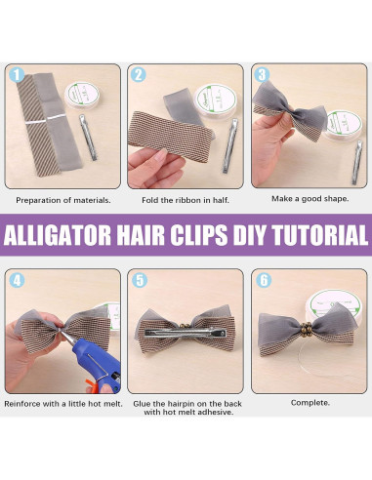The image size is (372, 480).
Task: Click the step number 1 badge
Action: (x=15, y=75)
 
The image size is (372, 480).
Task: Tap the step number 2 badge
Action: (x=139, y=75)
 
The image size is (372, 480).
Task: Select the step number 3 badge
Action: (x=262, y=75)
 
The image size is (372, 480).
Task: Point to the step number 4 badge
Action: (x=15, y=279)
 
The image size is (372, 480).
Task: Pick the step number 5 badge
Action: (x=139, y=279)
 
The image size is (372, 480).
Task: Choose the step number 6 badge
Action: (x=262, y=279)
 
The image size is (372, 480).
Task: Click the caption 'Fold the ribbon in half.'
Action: (x=186, y=199)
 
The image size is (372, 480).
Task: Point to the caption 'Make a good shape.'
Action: (x=308, y=199)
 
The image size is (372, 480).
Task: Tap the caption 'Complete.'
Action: (x=310, y=402)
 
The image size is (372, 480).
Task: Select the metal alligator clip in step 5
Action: (x=186, y=332)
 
